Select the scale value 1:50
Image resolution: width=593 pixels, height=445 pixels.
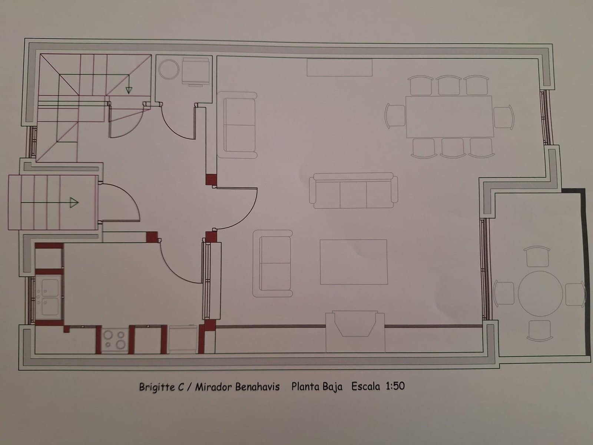395,386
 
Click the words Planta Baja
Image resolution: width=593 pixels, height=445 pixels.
317,386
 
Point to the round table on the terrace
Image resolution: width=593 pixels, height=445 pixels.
540,293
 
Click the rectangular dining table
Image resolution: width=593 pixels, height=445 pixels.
449,116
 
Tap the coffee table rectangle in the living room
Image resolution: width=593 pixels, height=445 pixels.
353,262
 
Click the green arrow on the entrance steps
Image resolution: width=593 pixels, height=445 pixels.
74,202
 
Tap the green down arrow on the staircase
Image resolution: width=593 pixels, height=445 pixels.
129,89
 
